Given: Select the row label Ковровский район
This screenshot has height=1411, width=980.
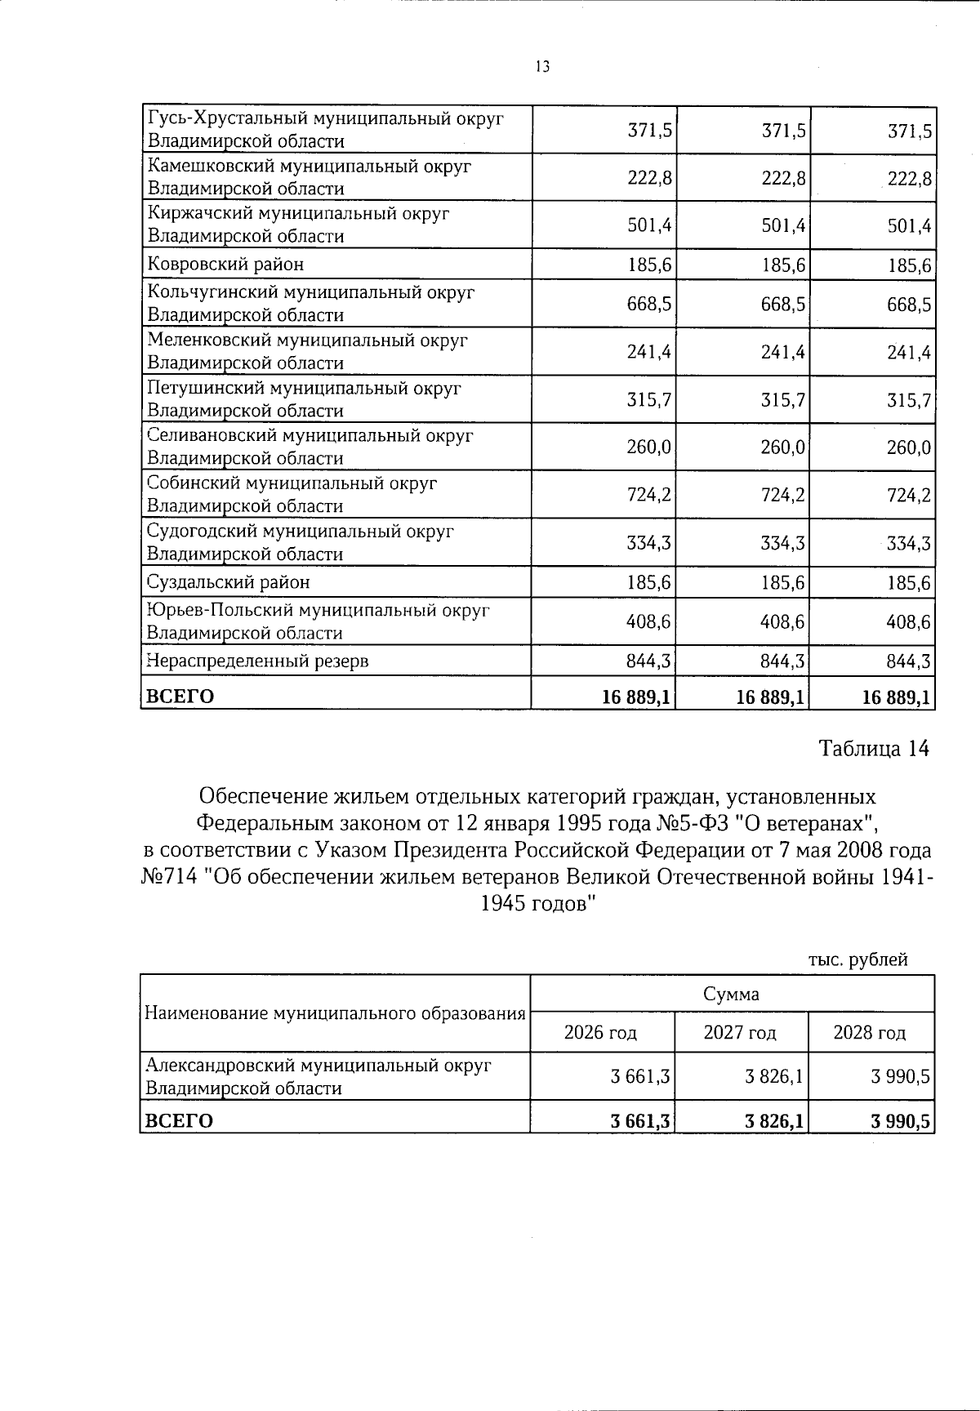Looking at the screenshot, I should point(225,265).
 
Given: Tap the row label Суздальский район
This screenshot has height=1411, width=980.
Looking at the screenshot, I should point(228,582).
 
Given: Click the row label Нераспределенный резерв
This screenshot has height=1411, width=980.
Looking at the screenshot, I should point(257,661).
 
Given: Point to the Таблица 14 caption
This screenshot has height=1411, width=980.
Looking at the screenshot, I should point(874,749).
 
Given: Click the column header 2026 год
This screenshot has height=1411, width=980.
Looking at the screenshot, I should point(600,1033).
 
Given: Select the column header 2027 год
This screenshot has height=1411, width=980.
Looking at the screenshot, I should point(740,1033).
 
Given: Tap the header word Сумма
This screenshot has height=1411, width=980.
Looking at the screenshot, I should point(731,994).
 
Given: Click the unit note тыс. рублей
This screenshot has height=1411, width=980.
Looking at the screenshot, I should point(857,960).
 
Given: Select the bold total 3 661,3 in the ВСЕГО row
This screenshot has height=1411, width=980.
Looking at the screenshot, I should point(641,1122).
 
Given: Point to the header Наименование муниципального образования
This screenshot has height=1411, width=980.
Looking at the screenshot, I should point(334,1013).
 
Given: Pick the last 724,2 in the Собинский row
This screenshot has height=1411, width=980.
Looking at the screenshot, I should point(909,496).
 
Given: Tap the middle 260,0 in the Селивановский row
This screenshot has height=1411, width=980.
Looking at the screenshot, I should point(782,447).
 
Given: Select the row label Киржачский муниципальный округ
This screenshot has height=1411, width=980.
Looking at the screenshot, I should point(299,214).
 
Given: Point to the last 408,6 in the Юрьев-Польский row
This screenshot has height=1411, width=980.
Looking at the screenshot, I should point(909,622).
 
